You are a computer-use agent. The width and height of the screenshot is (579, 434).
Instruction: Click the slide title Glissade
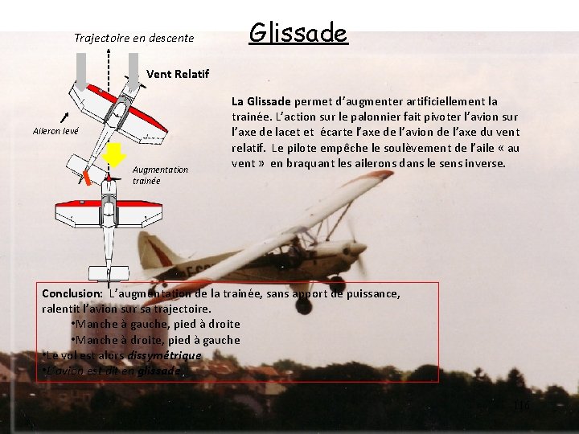298,34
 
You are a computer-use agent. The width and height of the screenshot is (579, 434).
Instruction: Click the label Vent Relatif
178,74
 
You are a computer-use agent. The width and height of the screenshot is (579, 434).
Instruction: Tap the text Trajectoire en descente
133,38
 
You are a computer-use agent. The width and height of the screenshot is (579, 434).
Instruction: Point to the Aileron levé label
55,130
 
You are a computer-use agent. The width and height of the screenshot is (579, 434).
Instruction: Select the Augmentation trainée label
160,175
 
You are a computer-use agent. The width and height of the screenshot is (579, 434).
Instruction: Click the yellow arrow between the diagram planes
116,155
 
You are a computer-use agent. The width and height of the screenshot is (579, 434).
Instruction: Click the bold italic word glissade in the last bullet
159,371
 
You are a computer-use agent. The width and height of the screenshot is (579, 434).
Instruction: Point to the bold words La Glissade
261,101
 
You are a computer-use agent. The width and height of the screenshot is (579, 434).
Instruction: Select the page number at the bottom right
522,406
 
